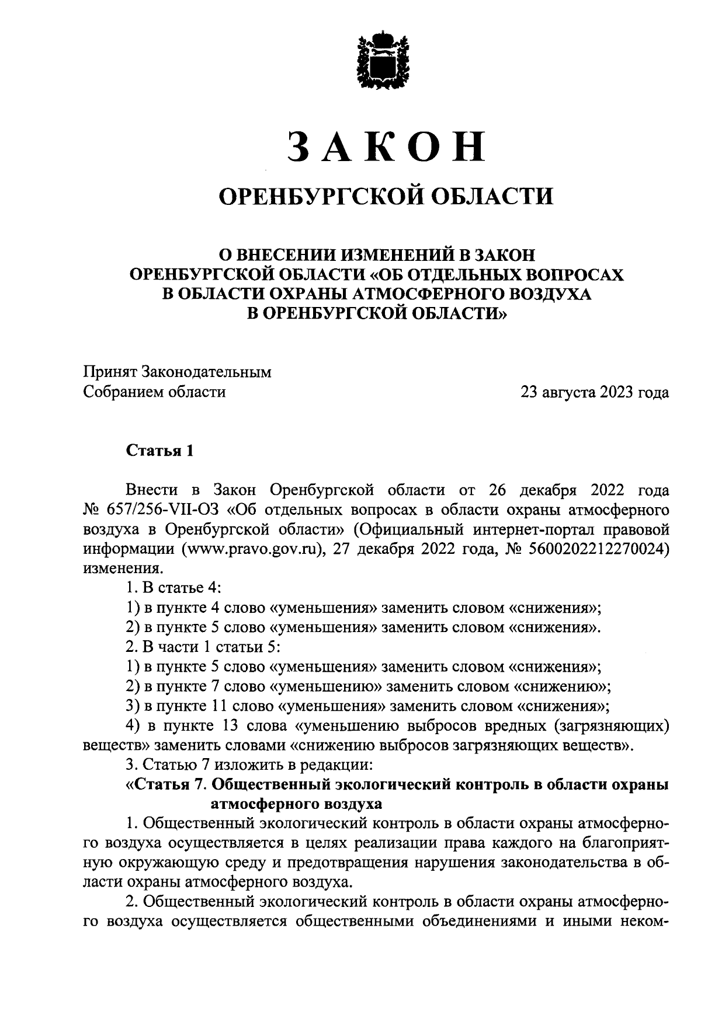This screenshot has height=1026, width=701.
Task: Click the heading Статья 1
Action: (159, 451)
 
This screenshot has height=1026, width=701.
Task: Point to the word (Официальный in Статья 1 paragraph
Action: (408, 529)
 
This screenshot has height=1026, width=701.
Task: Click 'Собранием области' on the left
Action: (154, 392)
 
